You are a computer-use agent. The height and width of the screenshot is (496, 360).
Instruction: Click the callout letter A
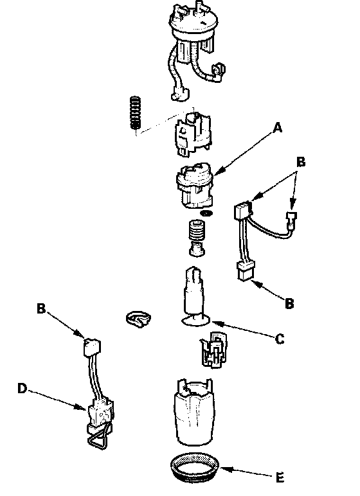(278, 128)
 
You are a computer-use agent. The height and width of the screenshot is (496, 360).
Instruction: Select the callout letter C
(280, 339)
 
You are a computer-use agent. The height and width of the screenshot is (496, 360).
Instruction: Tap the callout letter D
(22, 388)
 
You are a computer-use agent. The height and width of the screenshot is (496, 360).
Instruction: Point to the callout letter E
(280, 477)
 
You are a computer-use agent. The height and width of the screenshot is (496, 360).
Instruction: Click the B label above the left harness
(41, 308)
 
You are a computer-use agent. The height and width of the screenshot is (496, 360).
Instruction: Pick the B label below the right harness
(289, 303)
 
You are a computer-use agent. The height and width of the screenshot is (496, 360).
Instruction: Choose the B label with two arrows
(301, 162)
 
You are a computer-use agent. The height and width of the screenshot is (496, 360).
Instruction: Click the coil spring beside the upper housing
(136, 113)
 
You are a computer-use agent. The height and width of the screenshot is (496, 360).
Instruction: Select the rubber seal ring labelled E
(194, 467)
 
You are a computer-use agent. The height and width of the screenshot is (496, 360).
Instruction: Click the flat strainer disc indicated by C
(196, 321)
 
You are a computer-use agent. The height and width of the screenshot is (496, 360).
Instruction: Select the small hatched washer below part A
(207, 213)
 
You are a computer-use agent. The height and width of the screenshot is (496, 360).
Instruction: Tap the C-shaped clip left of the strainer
(138, 319)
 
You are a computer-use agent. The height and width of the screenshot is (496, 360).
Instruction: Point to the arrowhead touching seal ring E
(224, 470)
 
